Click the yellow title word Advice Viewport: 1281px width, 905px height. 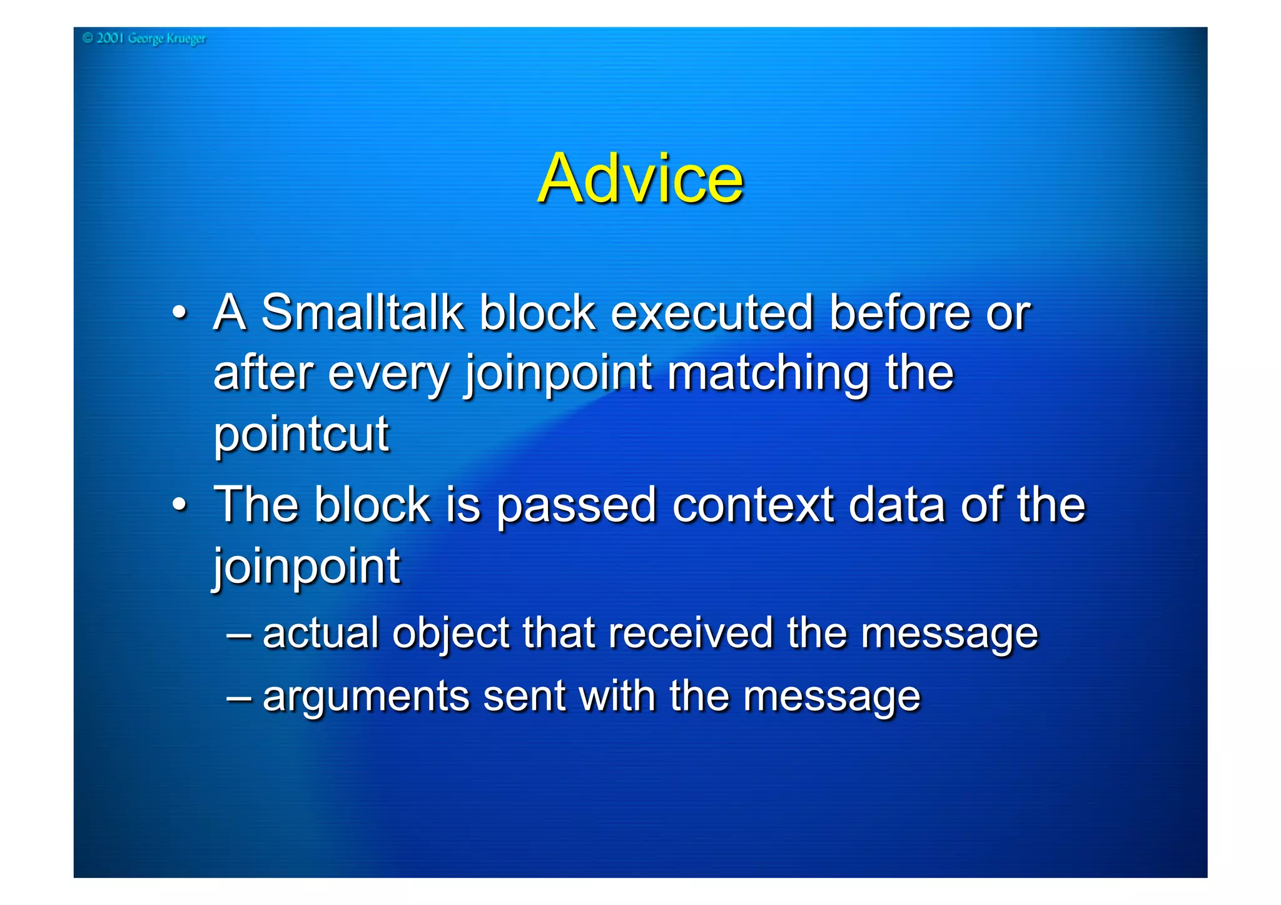[x=640, y=179]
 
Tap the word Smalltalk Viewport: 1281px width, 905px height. [x=362, y=312]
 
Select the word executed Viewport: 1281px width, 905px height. [x=712, y=312]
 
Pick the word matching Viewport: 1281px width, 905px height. [x=768, y=374]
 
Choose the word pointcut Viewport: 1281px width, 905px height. [x=301, y=433]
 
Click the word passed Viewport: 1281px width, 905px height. [x=575, y=505]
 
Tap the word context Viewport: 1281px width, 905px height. [x=752, y=505]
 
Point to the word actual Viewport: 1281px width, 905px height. [x=320, y=633]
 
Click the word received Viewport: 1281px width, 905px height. [x=690, y=633]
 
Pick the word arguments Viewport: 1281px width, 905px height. [x=365, y=697]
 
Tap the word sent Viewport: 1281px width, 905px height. [x=524, y=697]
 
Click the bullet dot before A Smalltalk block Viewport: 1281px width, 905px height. [x=180, y=312]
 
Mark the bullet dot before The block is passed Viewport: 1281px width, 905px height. [x=180, y=505]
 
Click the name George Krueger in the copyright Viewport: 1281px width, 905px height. [x=166, y=39]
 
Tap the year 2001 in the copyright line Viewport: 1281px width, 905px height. [x=110, y=38]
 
